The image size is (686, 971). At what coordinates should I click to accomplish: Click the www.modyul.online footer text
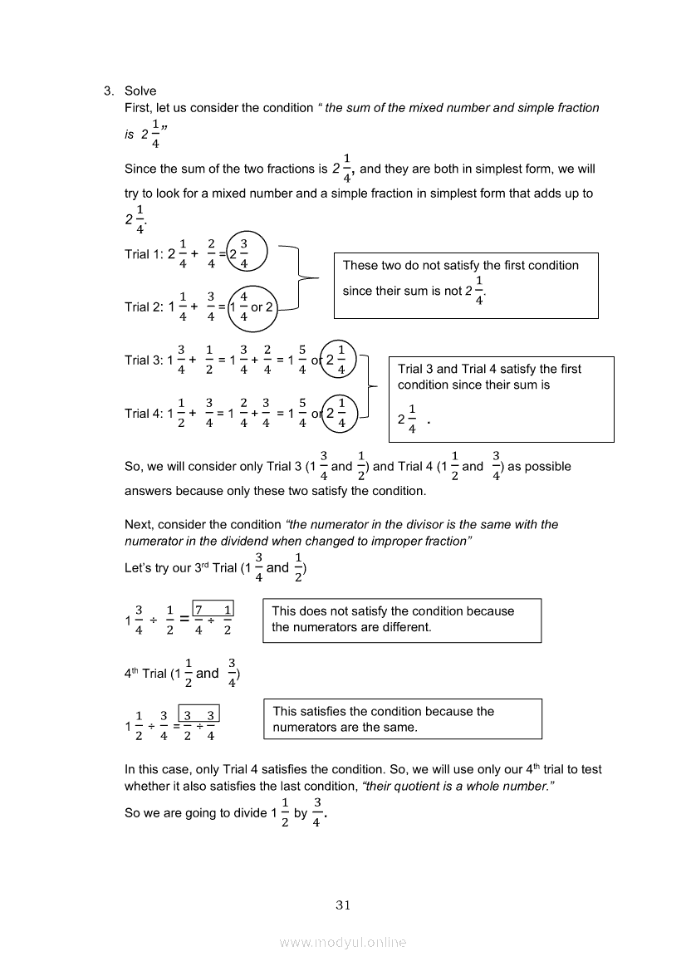pyautogui.click(x=343, y=942)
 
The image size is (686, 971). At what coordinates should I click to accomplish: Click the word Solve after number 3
pyautogui.click(x=140, y=91)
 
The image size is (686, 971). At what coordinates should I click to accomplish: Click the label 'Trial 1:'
pyautogui.click(x=144, y=254)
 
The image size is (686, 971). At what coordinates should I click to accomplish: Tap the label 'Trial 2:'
pyautogui.click(x=144, y=307)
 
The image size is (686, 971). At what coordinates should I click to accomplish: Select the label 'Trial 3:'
pyautogui.click(x=144, y=360)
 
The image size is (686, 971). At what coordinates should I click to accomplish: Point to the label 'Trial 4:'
pyautogui.click(x=144, y=413)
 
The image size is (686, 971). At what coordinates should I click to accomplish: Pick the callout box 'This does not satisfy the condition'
pyautogui.click(x=401, y=620)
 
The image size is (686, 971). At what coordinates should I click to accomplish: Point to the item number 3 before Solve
pyautogui.click(x=107, y=91)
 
